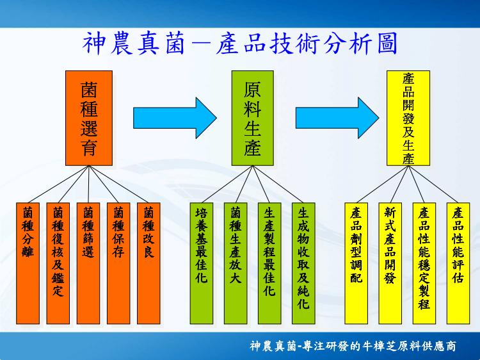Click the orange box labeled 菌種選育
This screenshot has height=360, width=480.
point(89,119)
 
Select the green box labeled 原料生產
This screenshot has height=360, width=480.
point(253,119)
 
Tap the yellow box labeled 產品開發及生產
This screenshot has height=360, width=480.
point(408,119)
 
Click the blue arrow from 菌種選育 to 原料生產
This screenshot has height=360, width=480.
point(175,118)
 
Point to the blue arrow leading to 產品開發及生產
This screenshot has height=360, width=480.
point(337,118)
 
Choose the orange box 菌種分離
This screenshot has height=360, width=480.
point(28,263)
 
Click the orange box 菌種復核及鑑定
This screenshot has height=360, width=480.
point(58,263)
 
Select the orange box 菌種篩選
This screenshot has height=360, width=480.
point(88,263)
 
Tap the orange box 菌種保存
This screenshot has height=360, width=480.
point(118,263)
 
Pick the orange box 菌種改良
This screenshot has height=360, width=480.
point(148,263)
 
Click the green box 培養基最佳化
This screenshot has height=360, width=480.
point(202,263)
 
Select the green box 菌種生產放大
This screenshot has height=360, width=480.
point(236,263)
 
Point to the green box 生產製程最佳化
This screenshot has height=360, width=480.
point(269,263)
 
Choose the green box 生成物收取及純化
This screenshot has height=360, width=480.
point(303,263)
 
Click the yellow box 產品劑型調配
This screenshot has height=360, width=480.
point(356,263)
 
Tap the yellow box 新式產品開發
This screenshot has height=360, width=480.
point(390,263)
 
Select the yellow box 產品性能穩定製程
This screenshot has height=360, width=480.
point(424,263)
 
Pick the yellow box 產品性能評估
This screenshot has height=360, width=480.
point(458,263)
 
